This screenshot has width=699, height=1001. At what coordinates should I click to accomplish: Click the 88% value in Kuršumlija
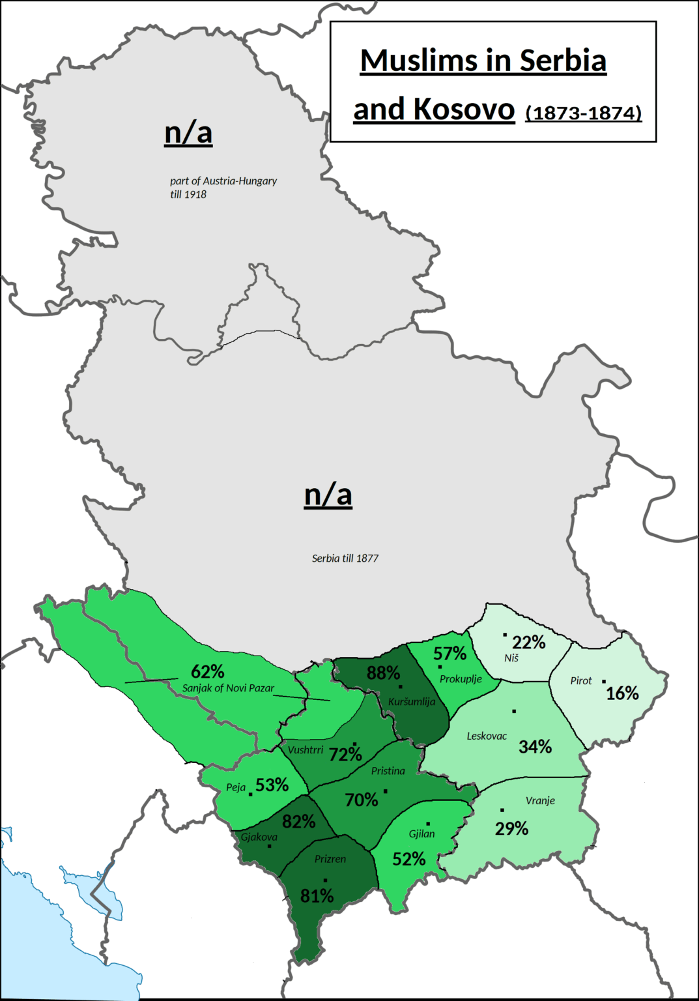[383, 673]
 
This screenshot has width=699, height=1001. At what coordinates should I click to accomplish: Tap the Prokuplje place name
[461, 679]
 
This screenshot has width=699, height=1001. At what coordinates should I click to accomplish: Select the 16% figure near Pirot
[622, 693]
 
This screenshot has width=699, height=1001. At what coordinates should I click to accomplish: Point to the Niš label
[511, 658]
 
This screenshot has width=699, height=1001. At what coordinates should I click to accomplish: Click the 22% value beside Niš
[528, 643]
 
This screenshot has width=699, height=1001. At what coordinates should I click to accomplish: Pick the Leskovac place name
[487, 736]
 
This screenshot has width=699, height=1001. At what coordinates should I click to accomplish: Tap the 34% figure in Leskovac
[535, 747]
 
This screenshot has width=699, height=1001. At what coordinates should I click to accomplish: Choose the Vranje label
[540, 800]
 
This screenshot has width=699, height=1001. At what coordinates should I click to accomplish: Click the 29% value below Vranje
[511, 829]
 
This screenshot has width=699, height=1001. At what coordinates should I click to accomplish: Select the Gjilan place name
[421, 834]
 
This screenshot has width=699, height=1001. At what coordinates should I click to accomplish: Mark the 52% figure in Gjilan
[408, 860]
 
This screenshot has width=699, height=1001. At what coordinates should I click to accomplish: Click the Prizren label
[330, 859]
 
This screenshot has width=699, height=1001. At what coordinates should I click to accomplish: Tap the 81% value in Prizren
[317, 897]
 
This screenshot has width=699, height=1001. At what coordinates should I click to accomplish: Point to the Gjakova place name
[259, 837]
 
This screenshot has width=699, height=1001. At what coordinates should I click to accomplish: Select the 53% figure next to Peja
[272, 785]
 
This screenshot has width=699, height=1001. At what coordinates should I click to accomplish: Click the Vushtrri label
[306, 750]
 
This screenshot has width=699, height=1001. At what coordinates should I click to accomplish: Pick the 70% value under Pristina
[362, 800]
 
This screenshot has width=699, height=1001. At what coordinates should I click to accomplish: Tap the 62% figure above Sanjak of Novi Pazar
[208, 671]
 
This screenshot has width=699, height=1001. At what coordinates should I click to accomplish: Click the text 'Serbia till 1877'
[345, 559]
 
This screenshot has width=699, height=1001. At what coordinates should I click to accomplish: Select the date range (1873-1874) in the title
[584, 113]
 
